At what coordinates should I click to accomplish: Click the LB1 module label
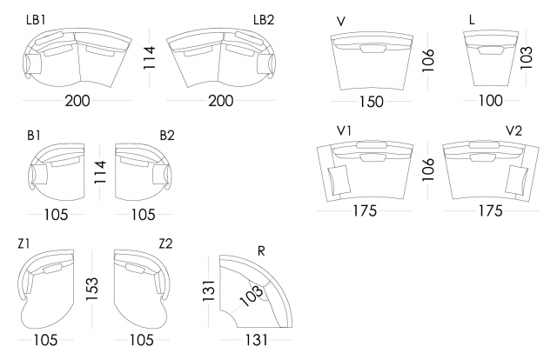(x=36, y=18)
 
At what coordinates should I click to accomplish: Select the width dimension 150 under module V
(x=371, y=102)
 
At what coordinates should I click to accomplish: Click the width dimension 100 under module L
(x=490, y=101)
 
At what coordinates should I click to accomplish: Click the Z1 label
(x=24, y=243)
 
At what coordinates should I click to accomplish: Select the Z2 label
(x=165, y=243)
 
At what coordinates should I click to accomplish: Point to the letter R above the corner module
(x=262, y=250)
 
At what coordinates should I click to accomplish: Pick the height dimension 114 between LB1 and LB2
(x=149, y=57)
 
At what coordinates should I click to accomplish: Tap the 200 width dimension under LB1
(x=77, y=101)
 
